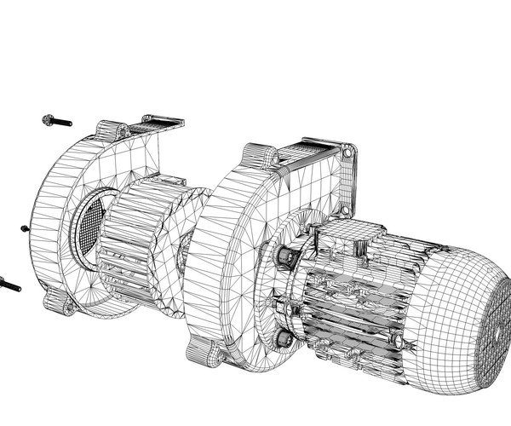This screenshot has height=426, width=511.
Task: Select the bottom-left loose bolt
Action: tap(9, 285)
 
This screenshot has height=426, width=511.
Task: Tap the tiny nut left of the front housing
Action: tap(25, 228)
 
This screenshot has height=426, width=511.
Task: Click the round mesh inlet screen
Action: tap(89, 227)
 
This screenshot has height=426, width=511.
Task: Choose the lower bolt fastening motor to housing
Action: tap(284, 338)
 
